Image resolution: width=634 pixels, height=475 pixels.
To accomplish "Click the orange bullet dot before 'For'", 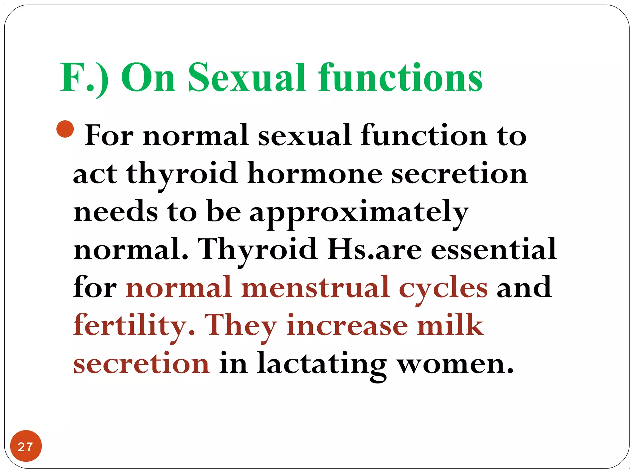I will [65, 129].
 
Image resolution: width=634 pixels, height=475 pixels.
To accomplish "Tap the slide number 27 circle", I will [26, 446].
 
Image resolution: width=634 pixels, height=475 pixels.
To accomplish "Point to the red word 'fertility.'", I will [134, 326].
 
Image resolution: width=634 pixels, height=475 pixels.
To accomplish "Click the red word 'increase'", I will [347, 326].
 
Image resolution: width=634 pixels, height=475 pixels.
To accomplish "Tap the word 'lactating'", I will [322, 364].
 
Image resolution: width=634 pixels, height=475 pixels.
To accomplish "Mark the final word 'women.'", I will [455, 364].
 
